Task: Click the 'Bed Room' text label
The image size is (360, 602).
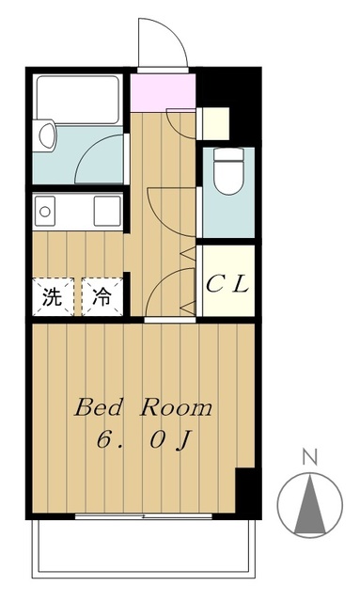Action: [x=144, y=409]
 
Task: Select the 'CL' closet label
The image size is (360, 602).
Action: [x=227, y=283]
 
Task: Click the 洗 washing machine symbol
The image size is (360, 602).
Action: [x=53, y=297]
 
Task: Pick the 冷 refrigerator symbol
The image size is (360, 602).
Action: [x=101, y=297]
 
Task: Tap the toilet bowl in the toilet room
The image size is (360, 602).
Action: [x=227, y=175]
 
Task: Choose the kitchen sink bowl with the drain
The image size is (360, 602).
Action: [x=43, y=211]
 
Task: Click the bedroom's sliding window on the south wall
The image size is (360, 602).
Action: [x=141, y=516]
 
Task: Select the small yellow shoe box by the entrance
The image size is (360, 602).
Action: [x=215, y=123]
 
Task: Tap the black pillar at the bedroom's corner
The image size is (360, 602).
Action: [x=246, y=491]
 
